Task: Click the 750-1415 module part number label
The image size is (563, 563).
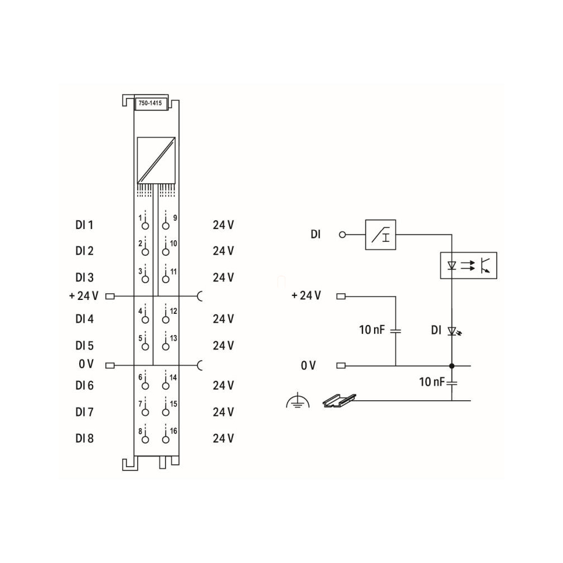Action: pos(150,103)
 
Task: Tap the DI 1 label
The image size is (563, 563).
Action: pos(84,225)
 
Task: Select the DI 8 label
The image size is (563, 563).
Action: pos(84,438)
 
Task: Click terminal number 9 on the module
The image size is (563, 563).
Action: pos(175,217)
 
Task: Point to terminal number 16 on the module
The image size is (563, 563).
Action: pos(173,431)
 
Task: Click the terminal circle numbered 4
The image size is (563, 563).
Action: pos(145,319)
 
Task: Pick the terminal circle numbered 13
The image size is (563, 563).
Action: pos(166,347)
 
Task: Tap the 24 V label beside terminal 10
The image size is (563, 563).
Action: pos(223,251)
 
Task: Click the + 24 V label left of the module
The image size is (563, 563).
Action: pos(84,296)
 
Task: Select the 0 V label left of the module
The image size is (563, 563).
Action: pos(86,364)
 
